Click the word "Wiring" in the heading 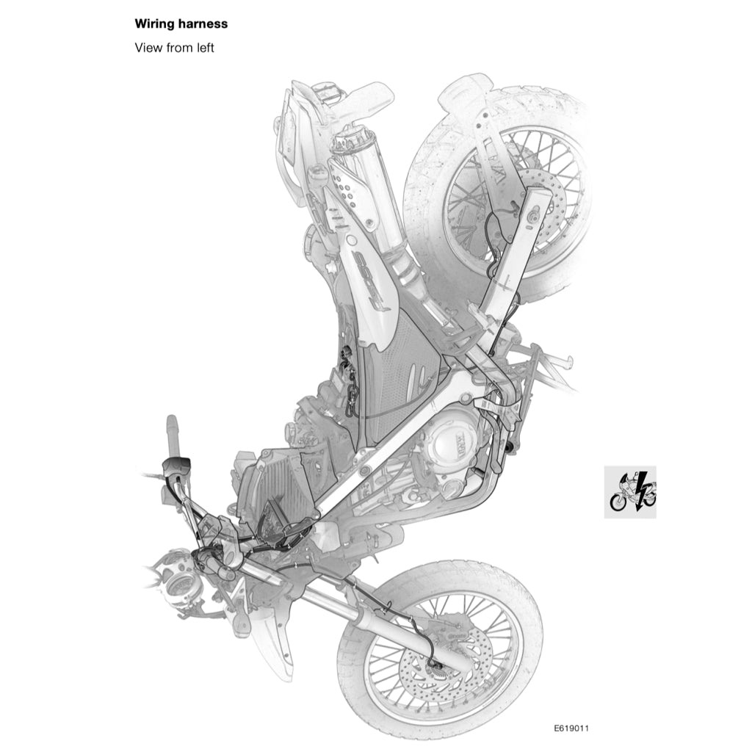tap(153, 24)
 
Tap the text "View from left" tap(174, 48)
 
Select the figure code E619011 tap(571, 728)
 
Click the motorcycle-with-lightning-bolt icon tap(630, 492)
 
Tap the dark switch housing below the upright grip tap(177, 465)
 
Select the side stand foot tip tap(567, 362)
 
